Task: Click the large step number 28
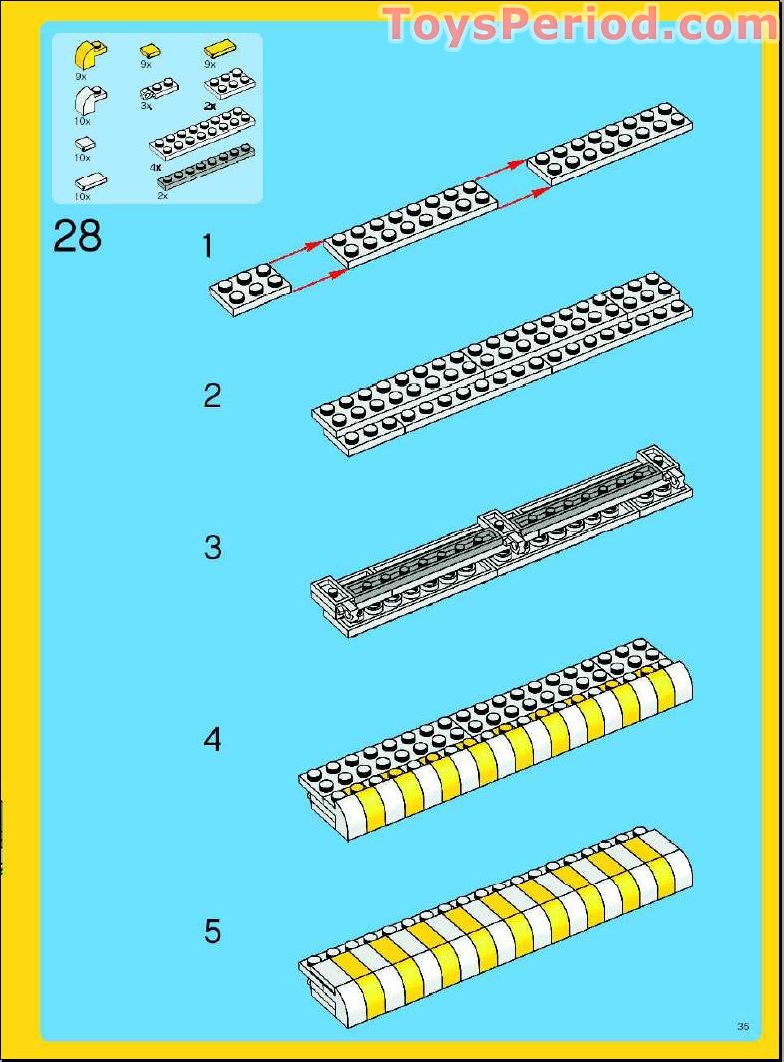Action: tap(77, 236)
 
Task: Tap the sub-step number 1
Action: tap(208, 246)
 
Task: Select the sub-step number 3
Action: tap(212, 547)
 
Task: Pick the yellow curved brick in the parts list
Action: tap(90, 55)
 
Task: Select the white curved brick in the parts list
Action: tap(90, 100)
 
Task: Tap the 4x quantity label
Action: tap(156, 167)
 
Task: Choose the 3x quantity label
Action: tap(146, 106)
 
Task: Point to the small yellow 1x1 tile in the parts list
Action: tap(150, 51)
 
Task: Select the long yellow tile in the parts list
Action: tap(220, 49)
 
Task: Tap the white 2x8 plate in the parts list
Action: tap(202, 132)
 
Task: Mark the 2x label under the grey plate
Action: tap(162, 196)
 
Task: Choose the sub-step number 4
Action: tap(212, 740)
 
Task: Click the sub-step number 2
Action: tap(212, 396)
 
